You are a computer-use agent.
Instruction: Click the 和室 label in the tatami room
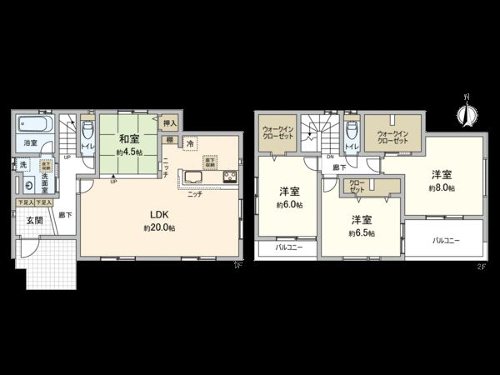click(x=127, y=139)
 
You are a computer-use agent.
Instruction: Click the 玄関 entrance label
click(x=34, y=221)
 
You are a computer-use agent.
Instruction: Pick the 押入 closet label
click(x=167, y=122)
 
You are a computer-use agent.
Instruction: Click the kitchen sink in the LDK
click(x=192, y=177)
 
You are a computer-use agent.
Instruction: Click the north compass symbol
click(x=467, y=112)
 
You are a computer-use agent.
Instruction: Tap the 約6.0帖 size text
click(x=288, y=205)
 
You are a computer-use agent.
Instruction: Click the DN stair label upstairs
click(x=330, y=156)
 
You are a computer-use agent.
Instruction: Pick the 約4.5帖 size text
click(x=127, y=153)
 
